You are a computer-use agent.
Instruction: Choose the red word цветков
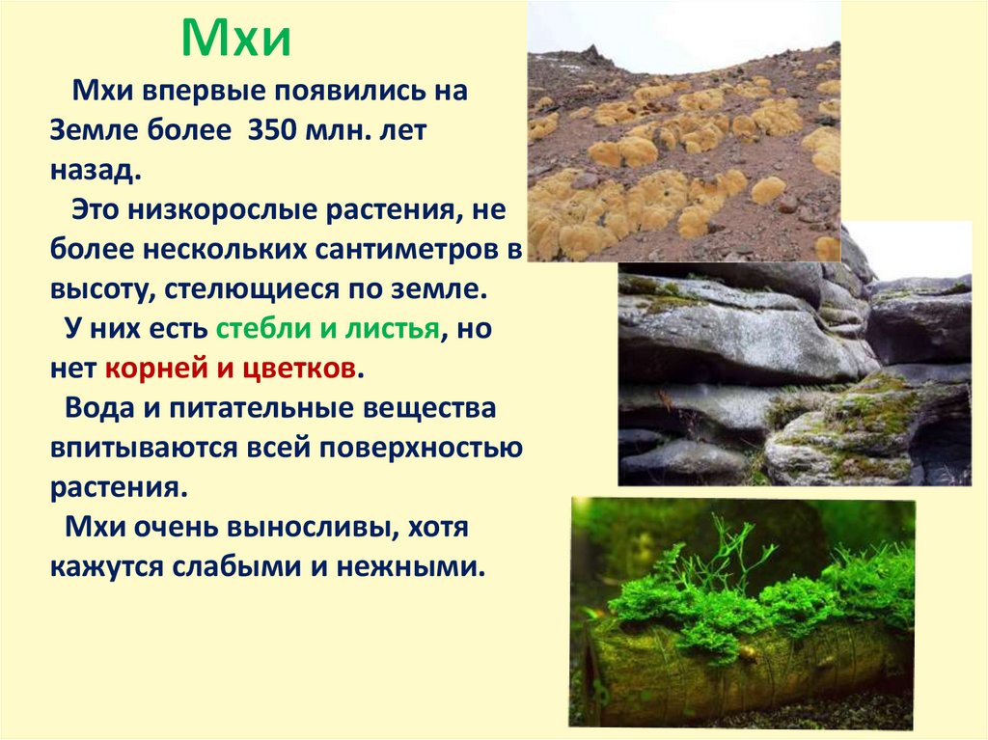(302, 369)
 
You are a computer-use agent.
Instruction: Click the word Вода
(96, 408)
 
